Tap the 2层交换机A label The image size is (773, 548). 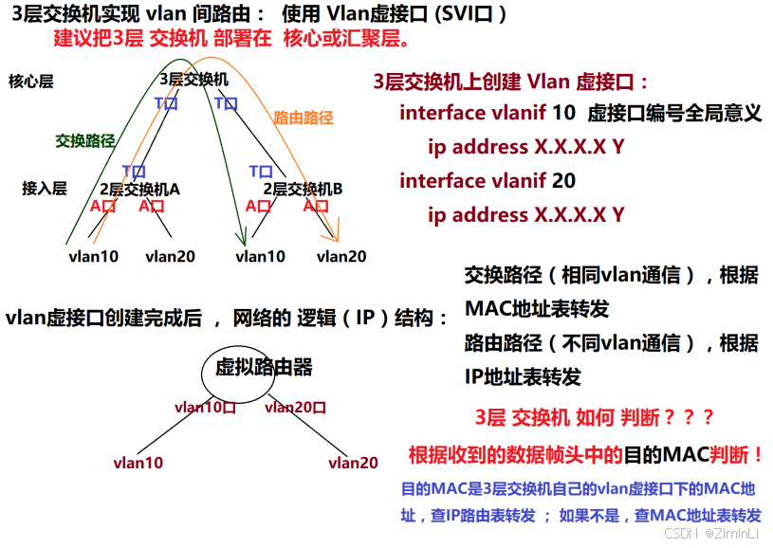click(139, 189)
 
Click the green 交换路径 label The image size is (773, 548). click(85, 141)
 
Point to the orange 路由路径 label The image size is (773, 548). click(304, 119)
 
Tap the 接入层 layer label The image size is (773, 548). click(44, 189)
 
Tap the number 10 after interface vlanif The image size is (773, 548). click(563, 113)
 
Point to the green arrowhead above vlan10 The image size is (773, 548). click(241, 238)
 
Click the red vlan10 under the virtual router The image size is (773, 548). click(138, 463)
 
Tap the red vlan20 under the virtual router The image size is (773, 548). click(353, 463)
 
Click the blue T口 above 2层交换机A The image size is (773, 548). click(134, 171)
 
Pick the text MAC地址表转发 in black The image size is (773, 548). click(536, 309)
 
